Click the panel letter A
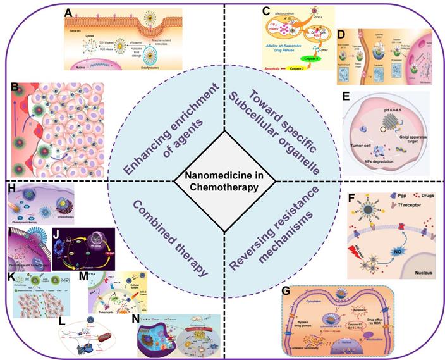[x=68, y=12]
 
